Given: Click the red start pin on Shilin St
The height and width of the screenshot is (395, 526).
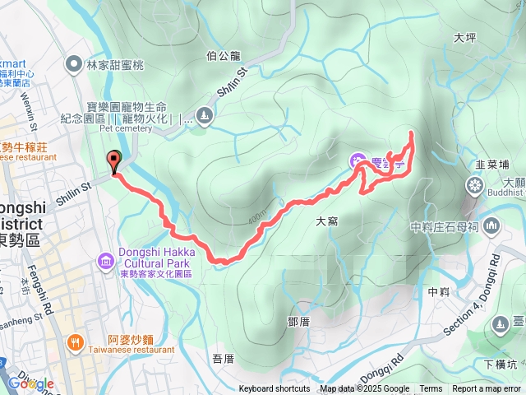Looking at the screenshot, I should coord(113,162).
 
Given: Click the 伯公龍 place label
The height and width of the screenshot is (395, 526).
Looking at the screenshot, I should coord(223,56).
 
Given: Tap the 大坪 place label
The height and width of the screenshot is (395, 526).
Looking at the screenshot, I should coord(464,37).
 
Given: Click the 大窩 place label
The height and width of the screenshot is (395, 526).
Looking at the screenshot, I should coord(327,221).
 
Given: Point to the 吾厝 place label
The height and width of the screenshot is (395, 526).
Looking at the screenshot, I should coord(224,358).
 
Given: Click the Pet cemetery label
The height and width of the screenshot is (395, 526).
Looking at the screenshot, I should coord(127,128).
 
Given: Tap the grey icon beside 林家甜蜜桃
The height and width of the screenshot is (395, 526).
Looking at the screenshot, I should coord(75,63).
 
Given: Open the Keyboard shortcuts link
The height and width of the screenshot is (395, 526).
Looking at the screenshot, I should coord(275,389).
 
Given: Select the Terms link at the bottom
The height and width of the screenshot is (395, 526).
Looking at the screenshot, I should coord(431,389).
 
